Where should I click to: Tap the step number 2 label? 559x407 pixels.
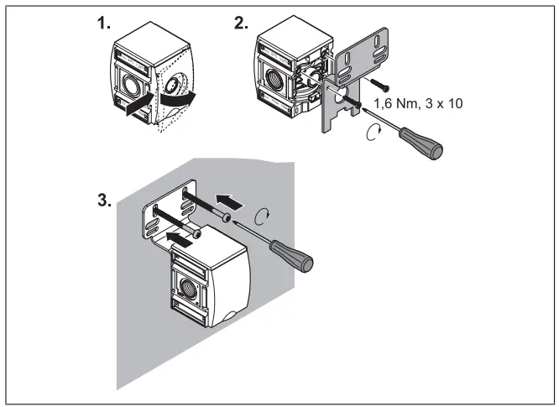point(241,24)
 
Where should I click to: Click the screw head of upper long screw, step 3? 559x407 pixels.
point(227,217)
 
